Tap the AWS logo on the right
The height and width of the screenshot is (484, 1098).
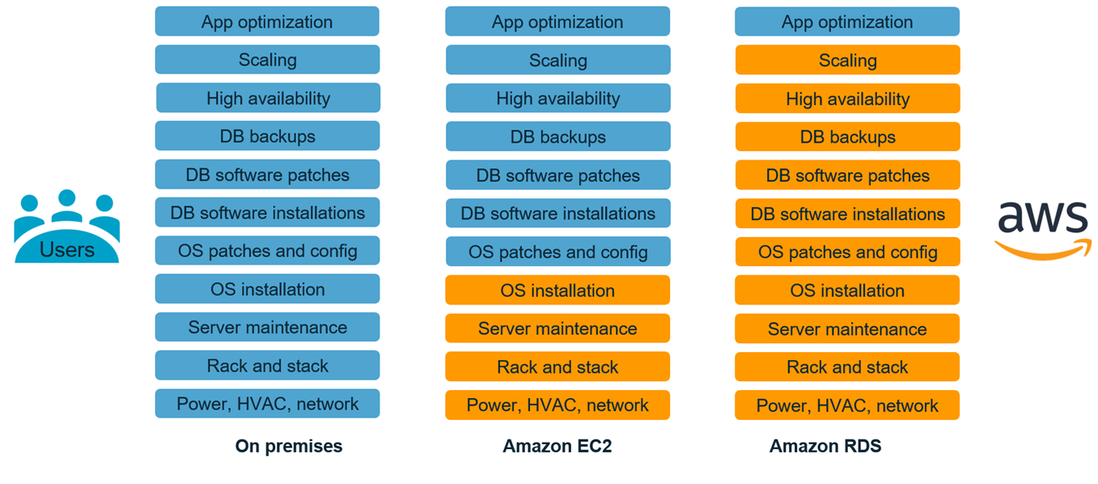(x=1042, y=229)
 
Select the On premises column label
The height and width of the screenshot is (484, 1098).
(x=289, y=446)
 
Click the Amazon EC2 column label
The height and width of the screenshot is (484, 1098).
(x=557, y=446)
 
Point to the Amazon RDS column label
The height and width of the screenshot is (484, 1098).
(x=825, y=446)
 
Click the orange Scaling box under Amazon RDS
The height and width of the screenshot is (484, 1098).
(x=847, y=61)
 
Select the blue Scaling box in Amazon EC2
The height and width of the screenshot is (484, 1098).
(x=557, y=60)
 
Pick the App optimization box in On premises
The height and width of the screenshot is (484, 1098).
(x=267, y=22)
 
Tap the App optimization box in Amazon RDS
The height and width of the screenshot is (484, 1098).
(x=847, y=22)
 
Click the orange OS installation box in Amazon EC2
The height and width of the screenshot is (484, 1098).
(x=557, y=291)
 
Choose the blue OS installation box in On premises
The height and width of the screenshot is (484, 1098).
(x=267, y=289)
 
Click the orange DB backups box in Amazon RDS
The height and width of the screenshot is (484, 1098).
(x=847, y=137)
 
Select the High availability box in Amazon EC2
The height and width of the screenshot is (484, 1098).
(x=557, y=99)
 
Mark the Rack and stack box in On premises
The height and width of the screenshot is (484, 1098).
(x=267, y=366)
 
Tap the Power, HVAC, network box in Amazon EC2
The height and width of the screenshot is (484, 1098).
(x=557, y=405)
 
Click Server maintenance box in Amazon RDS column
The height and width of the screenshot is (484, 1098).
(x=847, y=329)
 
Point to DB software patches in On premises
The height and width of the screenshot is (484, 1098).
(x=267, y=175)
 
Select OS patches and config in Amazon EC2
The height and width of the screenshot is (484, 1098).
(x=557, y=252)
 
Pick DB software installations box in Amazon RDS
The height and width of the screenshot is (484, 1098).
(x=847, y=214)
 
